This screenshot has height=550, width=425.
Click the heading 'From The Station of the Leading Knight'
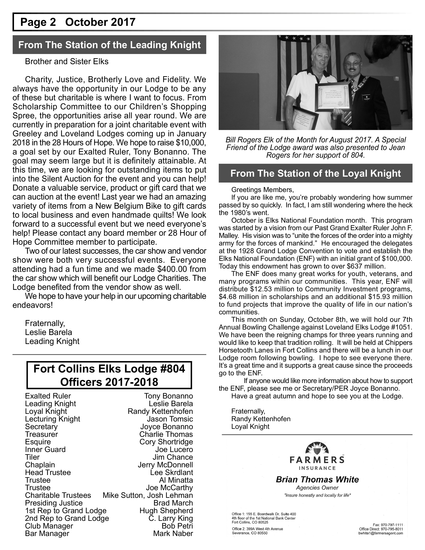point(109,45)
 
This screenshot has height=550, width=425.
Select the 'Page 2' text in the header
point(38,22)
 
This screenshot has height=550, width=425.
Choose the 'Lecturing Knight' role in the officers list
point(52,419)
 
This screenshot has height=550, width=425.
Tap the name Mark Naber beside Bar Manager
point(173,533)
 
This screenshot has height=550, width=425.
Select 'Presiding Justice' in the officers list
point(54,503)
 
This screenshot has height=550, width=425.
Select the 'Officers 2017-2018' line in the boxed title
point(109,382)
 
